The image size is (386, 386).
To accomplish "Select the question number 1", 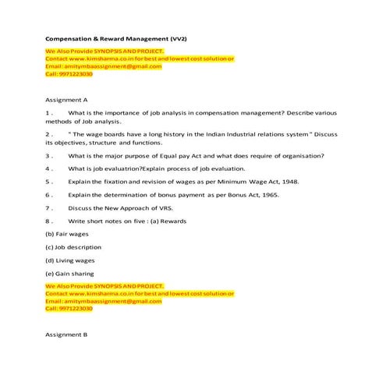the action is (x=48, y=113).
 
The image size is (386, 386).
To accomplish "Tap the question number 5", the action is (x=48, y=181).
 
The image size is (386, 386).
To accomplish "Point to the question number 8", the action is (x=48, y=221).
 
